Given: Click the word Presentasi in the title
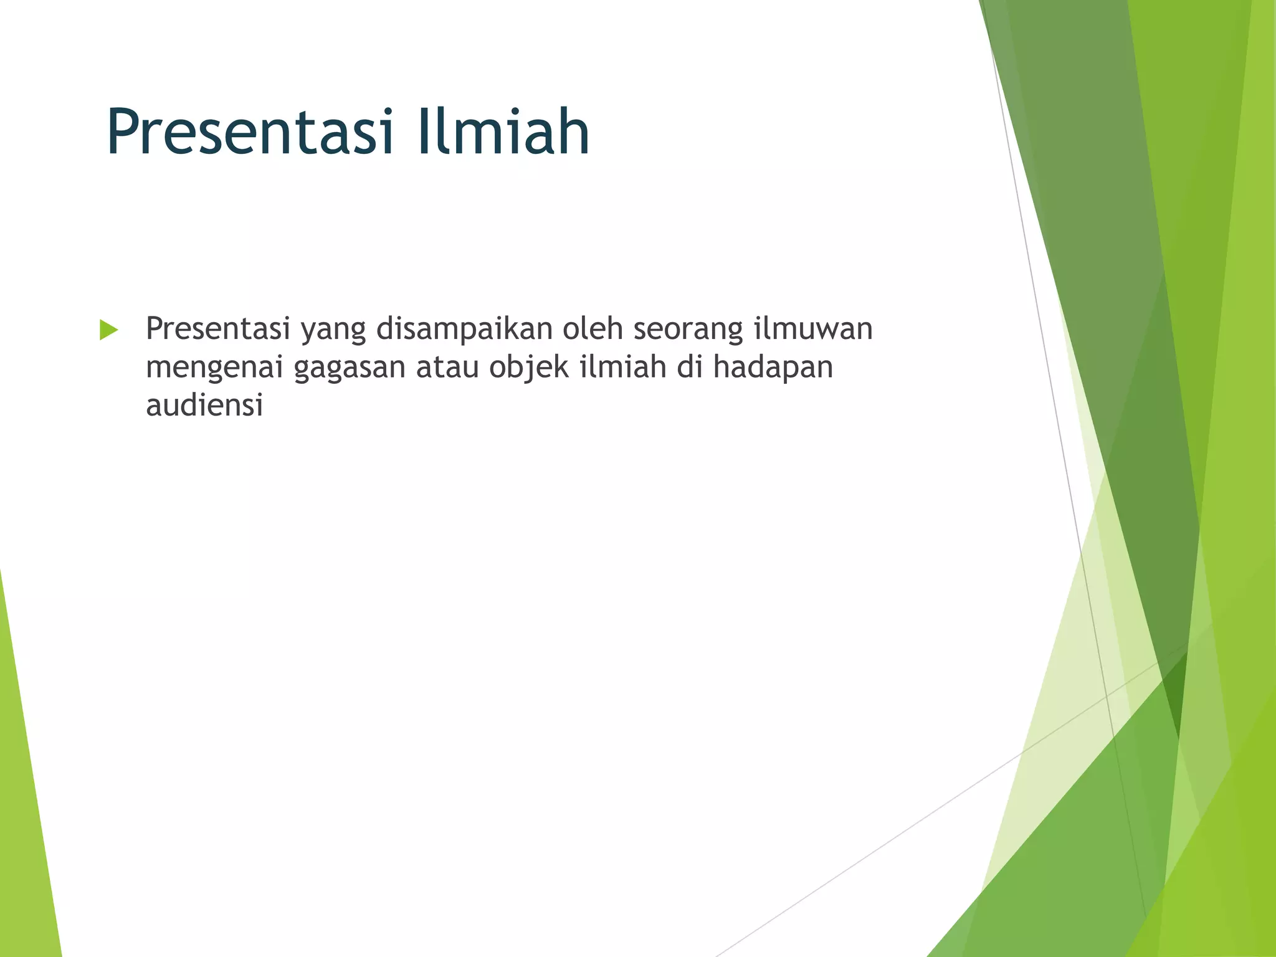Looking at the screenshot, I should pos(250,132).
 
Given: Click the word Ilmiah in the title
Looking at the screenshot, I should pos(503,132).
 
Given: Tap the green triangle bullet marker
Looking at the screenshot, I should pos(108,330).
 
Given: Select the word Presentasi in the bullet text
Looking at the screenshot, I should pos(218,329).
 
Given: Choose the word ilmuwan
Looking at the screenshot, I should pos(813,329).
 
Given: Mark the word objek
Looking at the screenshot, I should pos(529,368).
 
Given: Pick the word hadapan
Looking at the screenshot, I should pos(773,368).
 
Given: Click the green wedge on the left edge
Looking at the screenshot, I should pos(25,810).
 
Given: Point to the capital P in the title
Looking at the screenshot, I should pos(123,132).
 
